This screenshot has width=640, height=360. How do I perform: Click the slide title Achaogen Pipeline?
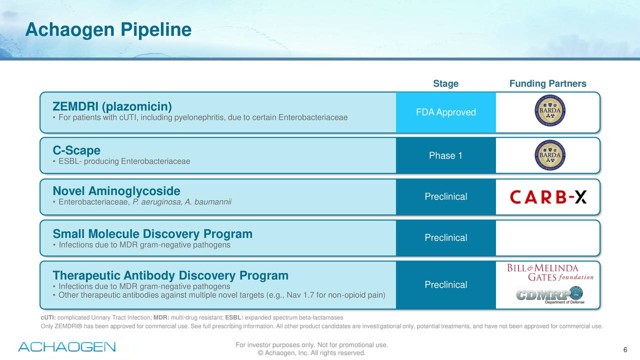(108, 30)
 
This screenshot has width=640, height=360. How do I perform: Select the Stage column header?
(445, 83)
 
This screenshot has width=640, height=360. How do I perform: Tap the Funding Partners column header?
(547, 83)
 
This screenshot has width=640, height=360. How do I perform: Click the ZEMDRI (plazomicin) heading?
(112, 107)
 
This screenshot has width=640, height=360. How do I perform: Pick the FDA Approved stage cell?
(445, 112)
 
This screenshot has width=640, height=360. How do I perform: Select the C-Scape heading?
(76, 150)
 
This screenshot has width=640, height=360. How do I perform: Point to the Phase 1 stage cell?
(445, 156)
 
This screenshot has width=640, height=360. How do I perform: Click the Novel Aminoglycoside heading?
(116, 191)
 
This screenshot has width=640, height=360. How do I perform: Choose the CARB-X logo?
(548, 197)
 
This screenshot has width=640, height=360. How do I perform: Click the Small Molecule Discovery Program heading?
(152, 234)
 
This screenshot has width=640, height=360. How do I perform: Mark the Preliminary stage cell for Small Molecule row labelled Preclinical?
(445, 238)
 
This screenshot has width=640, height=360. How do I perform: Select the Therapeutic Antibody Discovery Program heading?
(170, 275)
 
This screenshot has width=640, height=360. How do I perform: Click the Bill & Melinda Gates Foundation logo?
(550, 272)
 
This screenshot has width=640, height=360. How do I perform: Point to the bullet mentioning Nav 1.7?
(221, 295)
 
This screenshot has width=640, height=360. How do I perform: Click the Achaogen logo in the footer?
(67, 346)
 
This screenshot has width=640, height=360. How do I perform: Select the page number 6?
(625, 349)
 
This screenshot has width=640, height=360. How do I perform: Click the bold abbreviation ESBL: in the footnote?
(234, 318)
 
